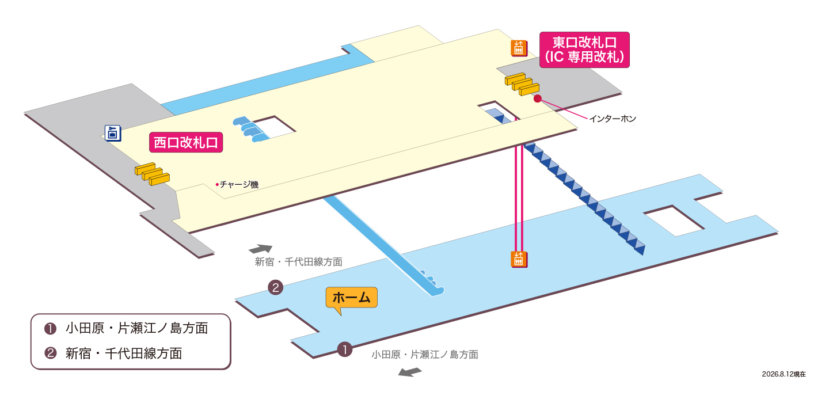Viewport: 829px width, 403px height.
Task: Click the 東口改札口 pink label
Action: point(584,50)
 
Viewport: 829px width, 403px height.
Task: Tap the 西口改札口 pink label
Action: point(186,142)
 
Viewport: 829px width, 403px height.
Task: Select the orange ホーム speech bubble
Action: point(351,298)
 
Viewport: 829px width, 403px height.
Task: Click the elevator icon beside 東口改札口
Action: point(519,48)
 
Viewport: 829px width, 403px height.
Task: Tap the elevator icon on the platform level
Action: point(519,259)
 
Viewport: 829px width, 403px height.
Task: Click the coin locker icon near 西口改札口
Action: point(113,133)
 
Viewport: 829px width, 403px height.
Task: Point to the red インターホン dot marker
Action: point(537,98)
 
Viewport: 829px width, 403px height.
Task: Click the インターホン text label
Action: point(613,119)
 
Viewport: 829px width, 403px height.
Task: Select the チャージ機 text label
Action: point(239,184)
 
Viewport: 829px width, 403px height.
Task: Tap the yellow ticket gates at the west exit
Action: point(152,173)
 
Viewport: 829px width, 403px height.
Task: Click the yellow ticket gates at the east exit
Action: point(522,84)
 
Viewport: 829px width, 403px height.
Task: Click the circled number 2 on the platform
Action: point(276,287)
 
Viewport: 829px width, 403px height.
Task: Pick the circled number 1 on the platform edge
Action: point(344,349)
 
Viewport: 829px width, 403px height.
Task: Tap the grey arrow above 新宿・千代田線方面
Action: point(261,248)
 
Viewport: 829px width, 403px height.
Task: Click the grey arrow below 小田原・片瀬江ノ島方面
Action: point(410,372)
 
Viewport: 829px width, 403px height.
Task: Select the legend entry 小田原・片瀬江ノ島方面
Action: point(136,328)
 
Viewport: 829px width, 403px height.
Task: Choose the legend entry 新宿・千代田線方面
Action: point(124,353)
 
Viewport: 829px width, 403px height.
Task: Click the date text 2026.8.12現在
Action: point(784,374)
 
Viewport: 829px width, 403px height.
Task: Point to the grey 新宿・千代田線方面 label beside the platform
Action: point(298,262)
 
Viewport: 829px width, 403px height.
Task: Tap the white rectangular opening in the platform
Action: point(674,221)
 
